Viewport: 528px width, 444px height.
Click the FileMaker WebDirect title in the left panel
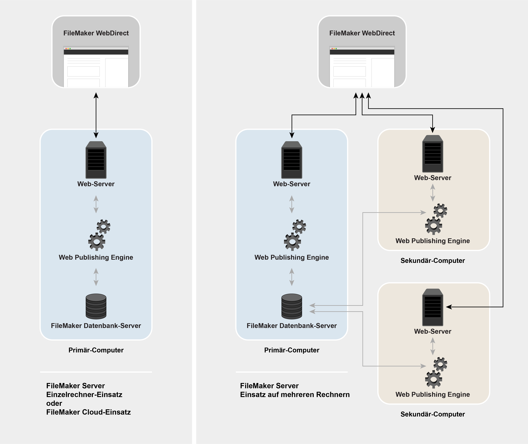[x=96, y=33]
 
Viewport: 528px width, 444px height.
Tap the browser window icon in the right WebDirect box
[x=362, y=67]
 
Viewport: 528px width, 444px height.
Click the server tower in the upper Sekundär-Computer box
[x=433, y=154]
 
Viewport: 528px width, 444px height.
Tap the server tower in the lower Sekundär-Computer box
[x=433, y=307]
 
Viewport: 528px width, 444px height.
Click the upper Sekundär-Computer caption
[x=433, y=261]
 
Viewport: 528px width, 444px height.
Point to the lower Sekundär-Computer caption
[x=433, y=414]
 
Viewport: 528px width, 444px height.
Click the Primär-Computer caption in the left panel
[x=96, y=350]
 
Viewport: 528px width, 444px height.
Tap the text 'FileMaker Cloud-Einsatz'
[x=88, y=412]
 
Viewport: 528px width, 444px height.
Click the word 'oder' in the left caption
[x=54, y=403]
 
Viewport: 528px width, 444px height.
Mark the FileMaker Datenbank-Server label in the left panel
[x=96, y=326]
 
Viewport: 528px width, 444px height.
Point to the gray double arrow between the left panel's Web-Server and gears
[x=96, y=204]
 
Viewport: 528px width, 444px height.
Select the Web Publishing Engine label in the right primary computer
[x=292, y=257]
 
